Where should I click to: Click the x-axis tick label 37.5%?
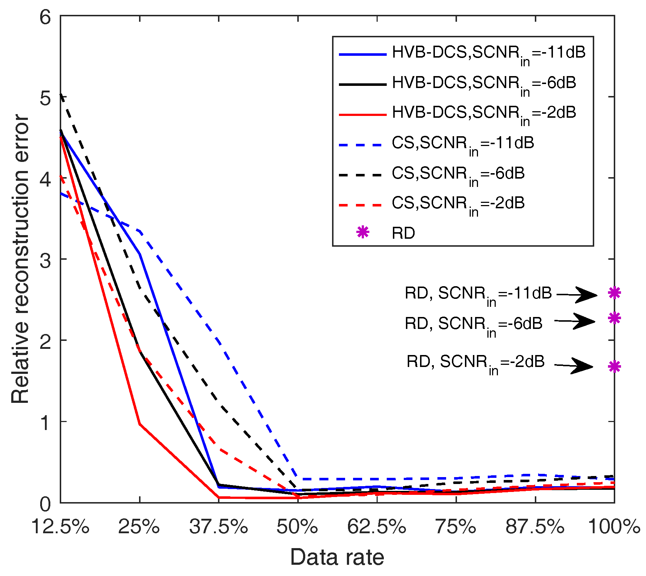pos(218,527)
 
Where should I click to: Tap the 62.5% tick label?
pos(377,527)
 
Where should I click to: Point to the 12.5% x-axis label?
pos(60,527)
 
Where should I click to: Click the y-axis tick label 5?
pos(46,97)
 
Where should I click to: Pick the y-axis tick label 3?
pos(46,259)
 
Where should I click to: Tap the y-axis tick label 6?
pos(46,17)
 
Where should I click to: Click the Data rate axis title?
pos(337,557)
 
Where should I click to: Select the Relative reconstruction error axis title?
pos(20,259)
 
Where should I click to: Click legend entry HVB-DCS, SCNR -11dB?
pos(462,55)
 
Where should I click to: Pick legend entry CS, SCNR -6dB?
pos(432,175)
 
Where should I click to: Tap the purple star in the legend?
pos(362,232)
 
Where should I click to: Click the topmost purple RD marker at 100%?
pos(614,293)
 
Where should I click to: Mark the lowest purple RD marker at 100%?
pos(614,367)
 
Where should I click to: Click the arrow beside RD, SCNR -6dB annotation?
pos(575,321)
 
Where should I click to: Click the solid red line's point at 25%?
pos(140,424)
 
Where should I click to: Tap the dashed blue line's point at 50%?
pos(298,479)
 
